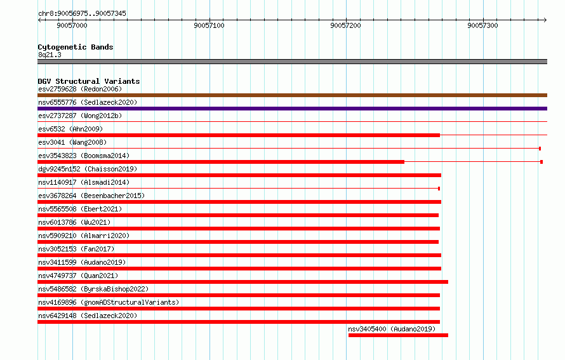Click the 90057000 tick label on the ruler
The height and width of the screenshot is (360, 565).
point(72,25)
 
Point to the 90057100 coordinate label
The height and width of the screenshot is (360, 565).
point(209,25)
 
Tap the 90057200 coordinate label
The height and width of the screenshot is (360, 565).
point(345,25)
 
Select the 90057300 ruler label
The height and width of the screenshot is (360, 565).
point(482,25)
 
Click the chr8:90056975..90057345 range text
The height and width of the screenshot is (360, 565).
point(82,13)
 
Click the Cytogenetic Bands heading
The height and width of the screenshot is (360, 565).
point(76,47)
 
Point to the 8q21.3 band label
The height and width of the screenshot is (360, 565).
point(50,55)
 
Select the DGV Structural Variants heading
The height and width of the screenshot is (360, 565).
point(89,81)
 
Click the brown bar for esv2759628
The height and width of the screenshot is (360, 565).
point(292,95)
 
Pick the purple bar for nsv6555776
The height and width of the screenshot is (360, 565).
point(292,109)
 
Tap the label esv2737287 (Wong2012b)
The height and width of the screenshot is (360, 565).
point(80,116)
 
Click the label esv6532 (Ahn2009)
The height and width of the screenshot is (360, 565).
point(70,129)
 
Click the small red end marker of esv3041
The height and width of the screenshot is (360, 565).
point(540,149)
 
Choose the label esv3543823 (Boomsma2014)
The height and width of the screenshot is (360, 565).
point(84,156)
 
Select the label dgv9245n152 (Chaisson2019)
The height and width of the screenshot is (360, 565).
point(88,169)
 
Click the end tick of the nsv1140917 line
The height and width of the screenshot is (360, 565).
point(439,189)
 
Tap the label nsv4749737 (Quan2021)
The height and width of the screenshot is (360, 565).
point(78,276)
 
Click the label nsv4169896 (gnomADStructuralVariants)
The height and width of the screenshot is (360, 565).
point(109,302)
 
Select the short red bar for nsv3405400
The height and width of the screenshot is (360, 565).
point(398,335)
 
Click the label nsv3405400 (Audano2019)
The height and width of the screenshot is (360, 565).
point(392,329)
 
